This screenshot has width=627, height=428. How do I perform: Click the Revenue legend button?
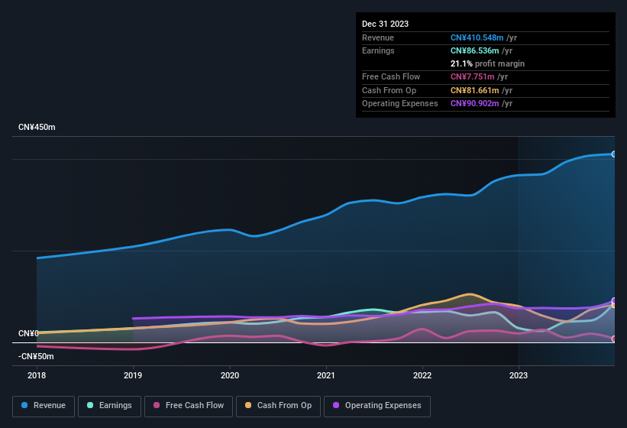point(44,406)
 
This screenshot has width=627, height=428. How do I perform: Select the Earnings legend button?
point(109,406)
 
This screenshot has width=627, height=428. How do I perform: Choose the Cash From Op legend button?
point(278,406)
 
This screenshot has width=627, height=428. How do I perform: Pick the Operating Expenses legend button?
point(377,406)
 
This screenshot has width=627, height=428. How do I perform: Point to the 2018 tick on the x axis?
point(37,375)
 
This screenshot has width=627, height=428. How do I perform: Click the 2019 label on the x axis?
point(133,375)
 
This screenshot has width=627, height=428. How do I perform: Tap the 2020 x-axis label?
point(230,375)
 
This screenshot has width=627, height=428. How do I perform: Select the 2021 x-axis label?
point(326,375)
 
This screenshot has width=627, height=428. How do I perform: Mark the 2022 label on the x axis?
point(422,375)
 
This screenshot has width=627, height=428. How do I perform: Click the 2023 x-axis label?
point(519,375)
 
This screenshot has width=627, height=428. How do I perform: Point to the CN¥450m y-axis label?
point(37,127)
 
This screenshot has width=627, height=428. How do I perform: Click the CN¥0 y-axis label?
point(28,334)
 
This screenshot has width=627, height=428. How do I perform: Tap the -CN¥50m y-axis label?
point(36,356)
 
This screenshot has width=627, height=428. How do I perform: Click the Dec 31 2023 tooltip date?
point(385,24)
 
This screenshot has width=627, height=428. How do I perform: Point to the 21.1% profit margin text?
point(487,63)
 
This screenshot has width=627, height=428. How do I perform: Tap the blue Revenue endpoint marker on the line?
point(614,154)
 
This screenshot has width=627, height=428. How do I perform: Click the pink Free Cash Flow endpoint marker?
point(614,339)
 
